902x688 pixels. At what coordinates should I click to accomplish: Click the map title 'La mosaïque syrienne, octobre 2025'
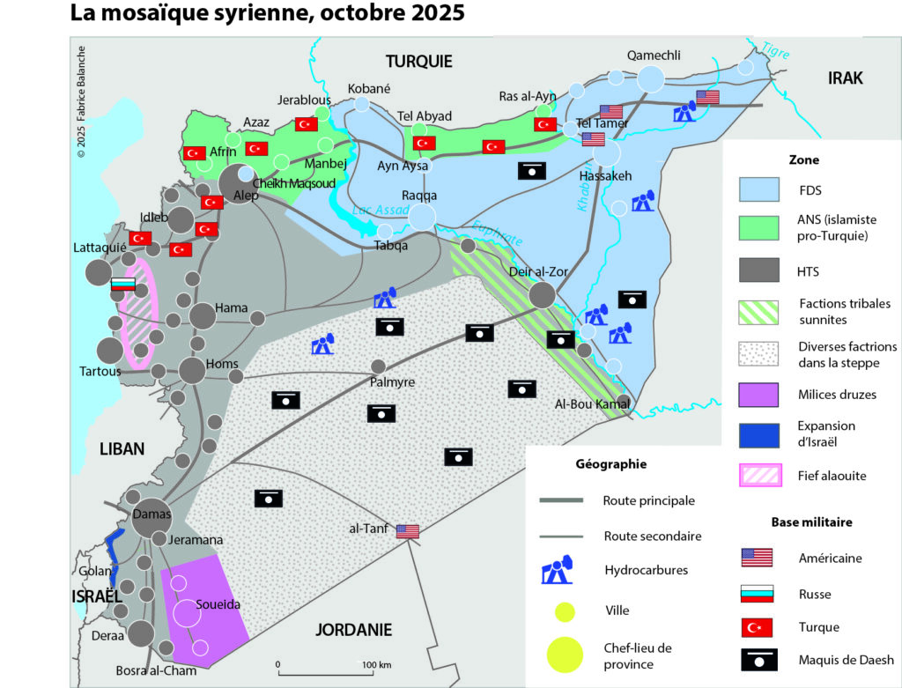[266, 15]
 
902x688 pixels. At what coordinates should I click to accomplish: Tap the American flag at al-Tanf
[407, 531]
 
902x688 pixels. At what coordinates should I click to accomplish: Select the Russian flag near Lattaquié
[122, 285]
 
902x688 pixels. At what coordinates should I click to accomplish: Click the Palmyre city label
[391, 382]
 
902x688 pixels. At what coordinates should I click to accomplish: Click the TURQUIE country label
[418, 61]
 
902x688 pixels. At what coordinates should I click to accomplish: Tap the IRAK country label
[845, 78]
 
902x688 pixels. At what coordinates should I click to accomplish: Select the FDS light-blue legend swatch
[758, 189]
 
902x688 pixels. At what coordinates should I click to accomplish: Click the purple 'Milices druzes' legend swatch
[758, 395]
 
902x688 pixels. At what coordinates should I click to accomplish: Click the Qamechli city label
[653, 55]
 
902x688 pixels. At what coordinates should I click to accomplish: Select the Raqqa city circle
[423, 217]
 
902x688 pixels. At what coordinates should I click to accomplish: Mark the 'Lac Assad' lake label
[381, 210]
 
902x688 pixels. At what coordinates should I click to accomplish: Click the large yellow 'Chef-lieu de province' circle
[565, 655]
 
